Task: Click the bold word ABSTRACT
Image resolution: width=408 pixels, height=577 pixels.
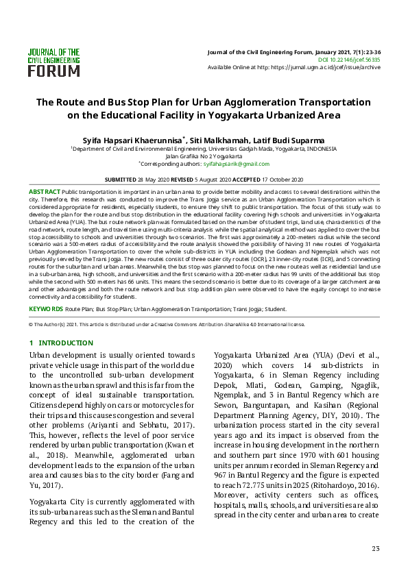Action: click(x=44, y=192)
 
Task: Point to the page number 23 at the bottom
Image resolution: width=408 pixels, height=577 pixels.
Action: click(x=375, y=548)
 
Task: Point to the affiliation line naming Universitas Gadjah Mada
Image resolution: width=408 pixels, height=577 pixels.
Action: click(x=204, y=148)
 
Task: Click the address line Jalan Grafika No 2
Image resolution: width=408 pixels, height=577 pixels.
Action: click(x=204, y=156)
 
